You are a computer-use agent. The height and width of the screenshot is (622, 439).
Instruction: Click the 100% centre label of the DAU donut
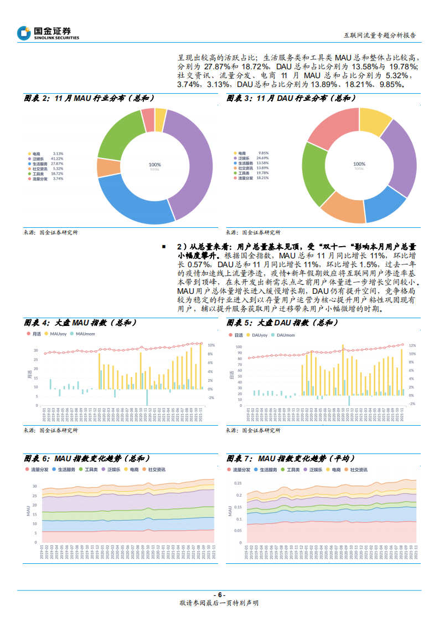[359, 164]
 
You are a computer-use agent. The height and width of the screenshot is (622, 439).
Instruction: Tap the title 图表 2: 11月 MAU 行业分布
[89, 98]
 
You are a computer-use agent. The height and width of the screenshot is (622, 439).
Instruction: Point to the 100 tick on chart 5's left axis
[239, 347]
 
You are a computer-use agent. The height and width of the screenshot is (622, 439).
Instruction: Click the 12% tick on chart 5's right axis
[412, 346]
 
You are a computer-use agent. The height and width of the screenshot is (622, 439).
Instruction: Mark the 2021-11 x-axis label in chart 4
[202, 415]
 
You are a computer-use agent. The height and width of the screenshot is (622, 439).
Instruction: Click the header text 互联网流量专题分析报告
[380, 34]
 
